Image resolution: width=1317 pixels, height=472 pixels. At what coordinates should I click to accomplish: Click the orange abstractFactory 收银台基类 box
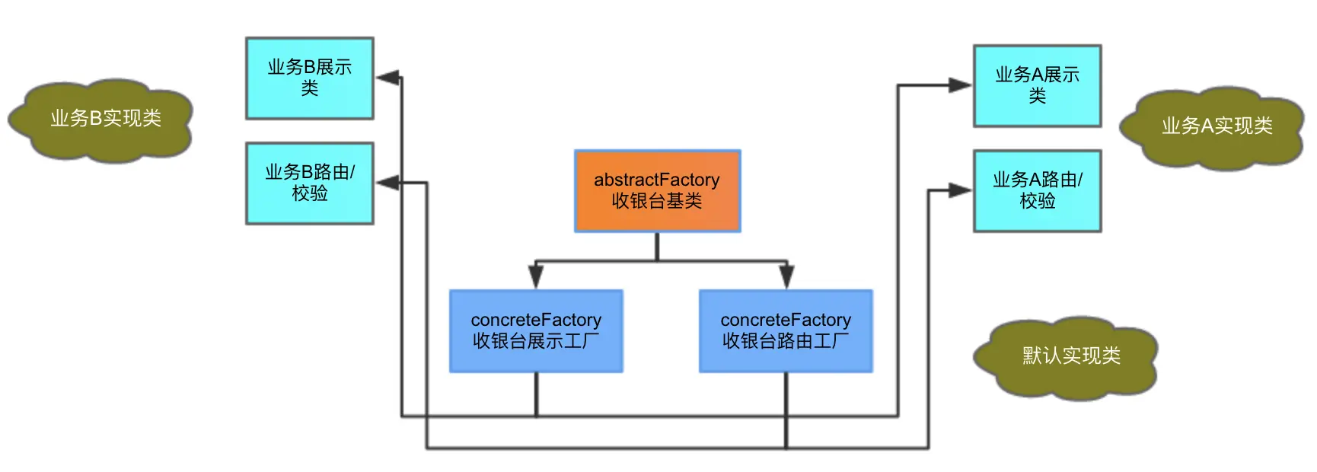tap(657, 190)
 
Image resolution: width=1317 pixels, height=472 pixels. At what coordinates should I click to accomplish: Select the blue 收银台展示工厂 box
tap(536, 330)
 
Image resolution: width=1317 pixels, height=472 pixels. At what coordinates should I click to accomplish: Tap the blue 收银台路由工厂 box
tap(786, 330)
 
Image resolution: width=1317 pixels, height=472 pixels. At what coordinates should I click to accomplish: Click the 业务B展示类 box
tap(309, 78)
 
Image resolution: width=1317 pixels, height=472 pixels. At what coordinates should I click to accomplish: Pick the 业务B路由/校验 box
tap(309, 183)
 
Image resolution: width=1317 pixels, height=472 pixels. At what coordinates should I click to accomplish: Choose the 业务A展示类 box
tap(1037, 85)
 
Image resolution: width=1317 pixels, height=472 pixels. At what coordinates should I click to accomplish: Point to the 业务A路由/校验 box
tap(1037, 190)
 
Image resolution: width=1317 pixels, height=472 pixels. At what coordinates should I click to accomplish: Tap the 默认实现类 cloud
tap(1070, 356)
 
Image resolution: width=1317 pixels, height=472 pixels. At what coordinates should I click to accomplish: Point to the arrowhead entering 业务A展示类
tap(960, 85)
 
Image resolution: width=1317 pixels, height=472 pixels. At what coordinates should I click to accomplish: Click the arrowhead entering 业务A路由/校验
tap(960, 190)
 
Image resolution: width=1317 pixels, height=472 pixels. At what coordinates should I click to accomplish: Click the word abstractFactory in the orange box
tap(657, 180)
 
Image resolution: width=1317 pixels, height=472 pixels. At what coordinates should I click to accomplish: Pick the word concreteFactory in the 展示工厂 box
tap(536, 320)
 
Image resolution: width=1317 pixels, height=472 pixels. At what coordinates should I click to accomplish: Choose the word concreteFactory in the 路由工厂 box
tap(786, 320)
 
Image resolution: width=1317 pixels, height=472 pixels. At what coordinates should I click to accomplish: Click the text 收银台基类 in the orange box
tap(657, 201)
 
